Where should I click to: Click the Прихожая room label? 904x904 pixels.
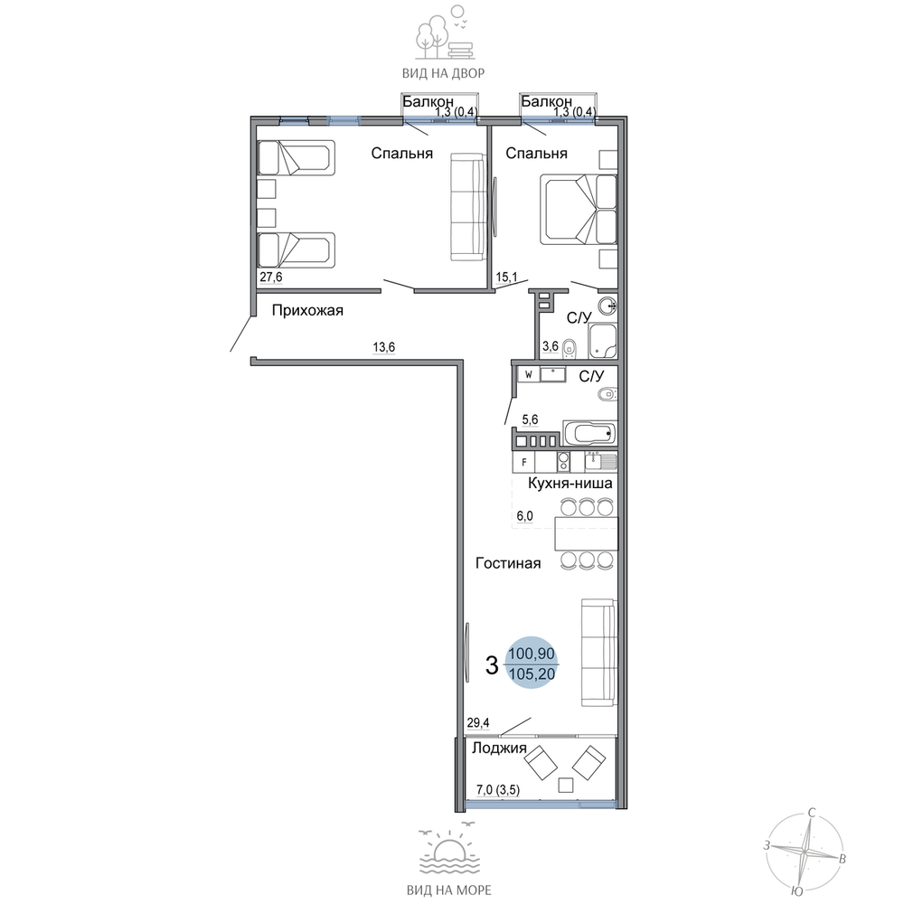(307, 311)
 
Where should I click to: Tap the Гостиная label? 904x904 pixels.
(508, 563)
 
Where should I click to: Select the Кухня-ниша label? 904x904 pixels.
(570, 483)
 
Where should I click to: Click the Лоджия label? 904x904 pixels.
(499, 749)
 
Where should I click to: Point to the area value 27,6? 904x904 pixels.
(271, 278)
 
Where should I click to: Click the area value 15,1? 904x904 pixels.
(507, 278)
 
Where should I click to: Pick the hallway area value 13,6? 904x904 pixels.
(384, 347)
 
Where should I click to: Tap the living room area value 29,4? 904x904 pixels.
(478, 722)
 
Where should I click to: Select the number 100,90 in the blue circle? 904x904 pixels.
(532, 654)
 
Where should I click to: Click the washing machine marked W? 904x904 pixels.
(529, 374)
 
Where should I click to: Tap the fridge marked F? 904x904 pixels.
(524, 462)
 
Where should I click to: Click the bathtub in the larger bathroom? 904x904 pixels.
(589, 433)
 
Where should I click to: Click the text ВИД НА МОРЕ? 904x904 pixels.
(449, 890)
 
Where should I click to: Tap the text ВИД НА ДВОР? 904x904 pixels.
(443, 73)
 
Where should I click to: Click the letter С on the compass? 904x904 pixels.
(812, 814)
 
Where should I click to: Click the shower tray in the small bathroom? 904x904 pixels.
(602, 342)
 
